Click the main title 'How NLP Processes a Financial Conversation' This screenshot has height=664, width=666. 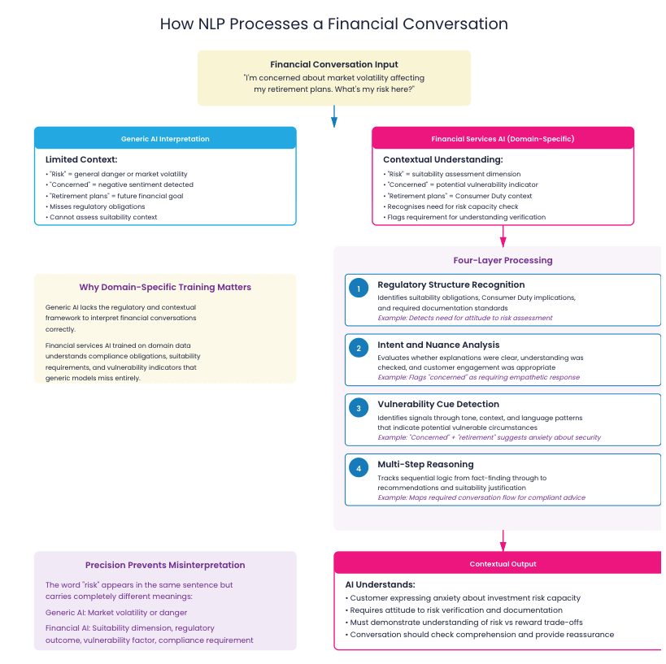333,24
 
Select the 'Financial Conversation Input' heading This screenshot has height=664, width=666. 333,64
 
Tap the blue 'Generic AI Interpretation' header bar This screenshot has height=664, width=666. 165,139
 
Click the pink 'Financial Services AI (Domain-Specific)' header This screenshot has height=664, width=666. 503,139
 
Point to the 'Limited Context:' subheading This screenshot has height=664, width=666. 81,159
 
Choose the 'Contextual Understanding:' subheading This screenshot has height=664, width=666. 443,159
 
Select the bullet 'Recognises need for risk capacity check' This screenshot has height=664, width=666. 454,206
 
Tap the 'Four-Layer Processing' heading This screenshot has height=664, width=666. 503,261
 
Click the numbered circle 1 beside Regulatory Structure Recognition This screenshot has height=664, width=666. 359,288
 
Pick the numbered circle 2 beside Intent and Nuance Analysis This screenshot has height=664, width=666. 359,348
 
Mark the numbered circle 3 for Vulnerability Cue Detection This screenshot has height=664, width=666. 359,407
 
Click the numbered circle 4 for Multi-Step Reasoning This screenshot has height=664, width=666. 359,467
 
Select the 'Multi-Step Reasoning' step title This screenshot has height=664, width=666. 425,464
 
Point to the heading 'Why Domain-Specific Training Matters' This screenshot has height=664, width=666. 165,287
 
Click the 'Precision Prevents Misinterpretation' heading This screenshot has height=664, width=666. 165,565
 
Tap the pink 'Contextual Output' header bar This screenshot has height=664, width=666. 503,564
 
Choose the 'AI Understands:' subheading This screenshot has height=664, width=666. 381,584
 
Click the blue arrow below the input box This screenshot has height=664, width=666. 333,119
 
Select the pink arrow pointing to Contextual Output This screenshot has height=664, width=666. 503,540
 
